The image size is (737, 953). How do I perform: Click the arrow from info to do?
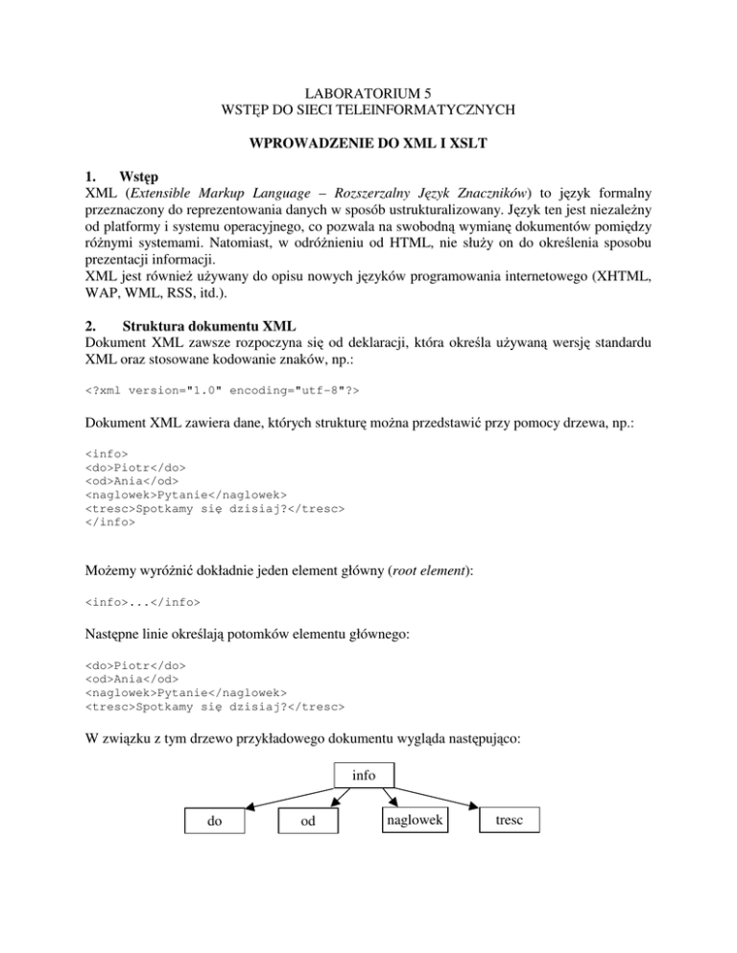288,798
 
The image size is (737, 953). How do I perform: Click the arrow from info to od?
339,798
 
